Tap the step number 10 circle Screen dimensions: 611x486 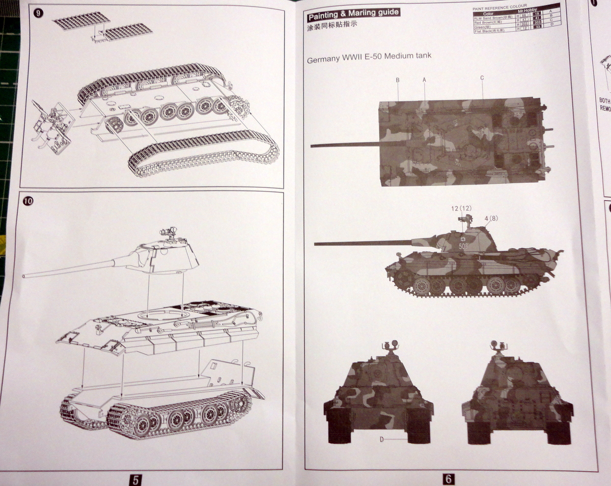[x=27, y=201]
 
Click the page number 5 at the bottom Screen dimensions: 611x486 [x=134, y=479]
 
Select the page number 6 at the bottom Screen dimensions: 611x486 [x=449, y=479]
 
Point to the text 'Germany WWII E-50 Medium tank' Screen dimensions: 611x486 [x=369, y=58]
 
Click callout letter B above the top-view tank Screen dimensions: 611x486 [x=397, y=80]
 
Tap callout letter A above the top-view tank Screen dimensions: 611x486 [x=424, y=79]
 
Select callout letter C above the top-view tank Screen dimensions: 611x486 [x=482, y=78]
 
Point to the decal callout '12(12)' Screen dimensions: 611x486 [x=461, y=208]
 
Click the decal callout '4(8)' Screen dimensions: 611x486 [x=491, y=219]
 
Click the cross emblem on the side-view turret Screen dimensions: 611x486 [x=462, y=238]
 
